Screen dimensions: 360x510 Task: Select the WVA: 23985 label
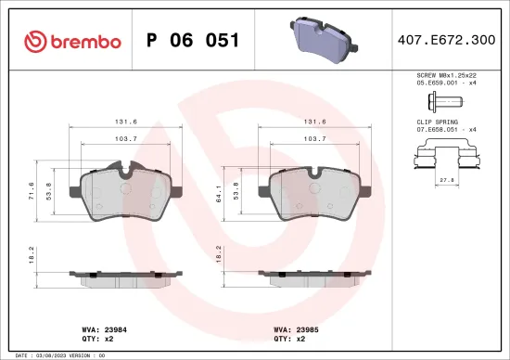294,328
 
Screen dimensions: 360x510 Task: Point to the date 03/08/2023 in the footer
50,354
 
